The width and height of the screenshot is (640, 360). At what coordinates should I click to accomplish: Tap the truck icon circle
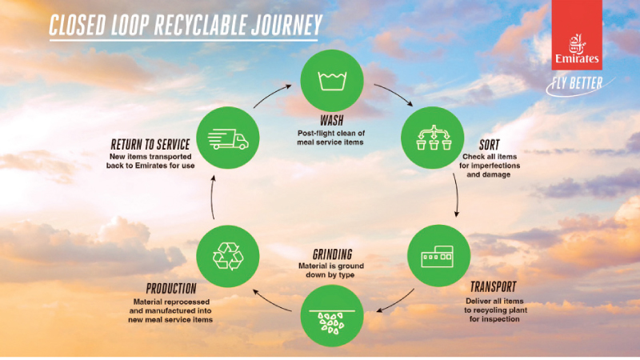point(228,138)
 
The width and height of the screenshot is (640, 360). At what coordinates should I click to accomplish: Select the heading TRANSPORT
point(492,286)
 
